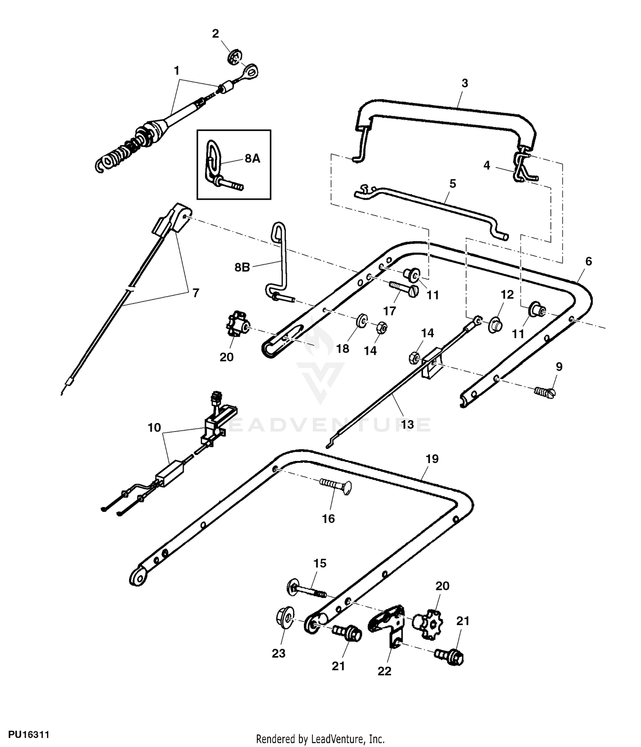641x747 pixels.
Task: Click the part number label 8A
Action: [x=252, y=159]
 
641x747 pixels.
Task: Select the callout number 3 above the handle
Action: [x=465, y=83]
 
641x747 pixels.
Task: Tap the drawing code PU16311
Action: [x=25, y=735]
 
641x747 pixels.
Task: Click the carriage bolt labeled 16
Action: [x=336, y=486]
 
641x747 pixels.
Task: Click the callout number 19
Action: [x=432, y=459]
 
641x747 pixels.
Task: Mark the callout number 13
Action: [x=407, y=424]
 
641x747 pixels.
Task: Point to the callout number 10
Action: [x=154, y=427]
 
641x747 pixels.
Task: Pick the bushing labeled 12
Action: [x=495, y=324]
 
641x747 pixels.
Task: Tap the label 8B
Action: [x=242, y=268]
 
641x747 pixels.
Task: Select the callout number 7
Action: [x=196, y=293]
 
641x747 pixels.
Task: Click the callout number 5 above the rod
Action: [x=453, y=184]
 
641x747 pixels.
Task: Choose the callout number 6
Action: [x=588, y=261]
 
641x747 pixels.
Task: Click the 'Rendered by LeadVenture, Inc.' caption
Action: [x=320, y=739]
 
